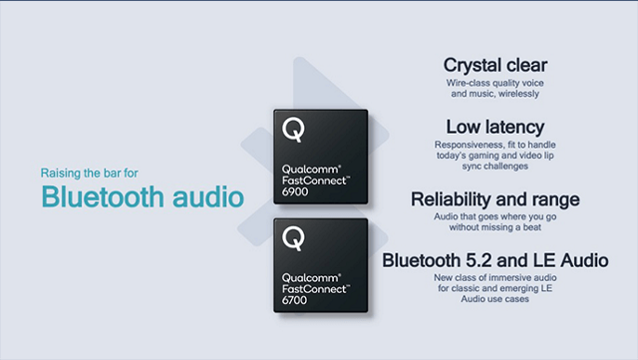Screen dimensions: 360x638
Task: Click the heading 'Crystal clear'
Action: pos(494,65)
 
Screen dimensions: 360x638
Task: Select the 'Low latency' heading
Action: pos(494,127)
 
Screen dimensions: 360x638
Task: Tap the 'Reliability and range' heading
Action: pos(494,199)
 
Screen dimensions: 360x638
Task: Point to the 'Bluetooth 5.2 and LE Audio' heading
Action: pos(494,260)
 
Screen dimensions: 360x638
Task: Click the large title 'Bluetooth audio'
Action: pos(143,195)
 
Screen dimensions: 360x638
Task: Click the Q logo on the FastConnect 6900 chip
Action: pos(293,130)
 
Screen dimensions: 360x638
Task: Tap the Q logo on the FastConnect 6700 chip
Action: pos(293,239)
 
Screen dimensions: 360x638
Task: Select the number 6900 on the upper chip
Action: pos(296,189)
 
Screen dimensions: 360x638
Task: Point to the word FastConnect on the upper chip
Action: pos(313,180)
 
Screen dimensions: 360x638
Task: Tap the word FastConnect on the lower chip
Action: pos(313,288)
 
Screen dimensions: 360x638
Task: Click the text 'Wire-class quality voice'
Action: pos(494,83)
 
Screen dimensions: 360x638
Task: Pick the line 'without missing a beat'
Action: pos(494,226)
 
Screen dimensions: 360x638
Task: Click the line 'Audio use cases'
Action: pos(494,299)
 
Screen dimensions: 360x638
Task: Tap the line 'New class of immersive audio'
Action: pos(494,277)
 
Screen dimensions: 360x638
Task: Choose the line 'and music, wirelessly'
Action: pos(494,94)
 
